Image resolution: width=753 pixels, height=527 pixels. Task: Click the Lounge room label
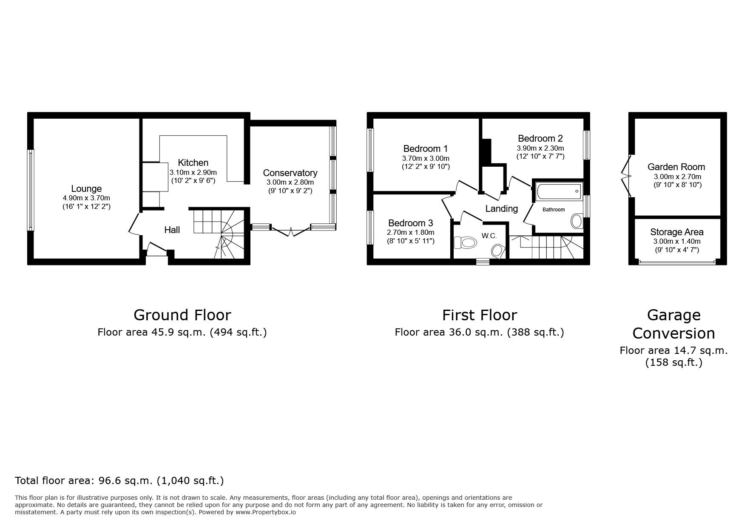click(x=86, y=188)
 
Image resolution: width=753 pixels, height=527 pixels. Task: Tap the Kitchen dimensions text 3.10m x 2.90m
click(x=193, y=172)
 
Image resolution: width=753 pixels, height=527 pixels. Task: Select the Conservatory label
click(x=290, y=173)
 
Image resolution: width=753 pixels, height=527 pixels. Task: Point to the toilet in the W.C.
click(x=464, y=243)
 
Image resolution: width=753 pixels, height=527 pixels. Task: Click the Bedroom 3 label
click(x=410, y=223)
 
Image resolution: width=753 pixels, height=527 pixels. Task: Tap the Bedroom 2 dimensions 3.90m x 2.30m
click(x=540, y=148)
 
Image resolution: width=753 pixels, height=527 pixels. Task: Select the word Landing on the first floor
click(x=501, y=208)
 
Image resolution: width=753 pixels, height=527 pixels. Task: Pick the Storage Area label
click(x=676, y=232)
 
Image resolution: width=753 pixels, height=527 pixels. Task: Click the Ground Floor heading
click(x=182, y=315)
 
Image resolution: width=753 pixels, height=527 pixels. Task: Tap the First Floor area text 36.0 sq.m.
click(x=479, y=332)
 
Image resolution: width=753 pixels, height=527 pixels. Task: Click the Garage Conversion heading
click(x=673, y=324)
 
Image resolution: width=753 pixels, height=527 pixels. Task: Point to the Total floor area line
click(x=119, y=481)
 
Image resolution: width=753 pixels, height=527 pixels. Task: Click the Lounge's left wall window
click(x=30, y=190)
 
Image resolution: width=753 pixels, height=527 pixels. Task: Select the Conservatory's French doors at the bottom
click(x=290, y=232)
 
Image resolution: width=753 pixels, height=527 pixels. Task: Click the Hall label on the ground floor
click(x=172, y=230)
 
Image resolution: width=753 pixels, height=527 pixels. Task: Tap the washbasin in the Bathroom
click(x=577, y=221)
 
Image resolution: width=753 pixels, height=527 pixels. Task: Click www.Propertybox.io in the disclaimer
click(x=266, y=513)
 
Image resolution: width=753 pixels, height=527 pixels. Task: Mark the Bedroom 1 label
click(x=425, y=148)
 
